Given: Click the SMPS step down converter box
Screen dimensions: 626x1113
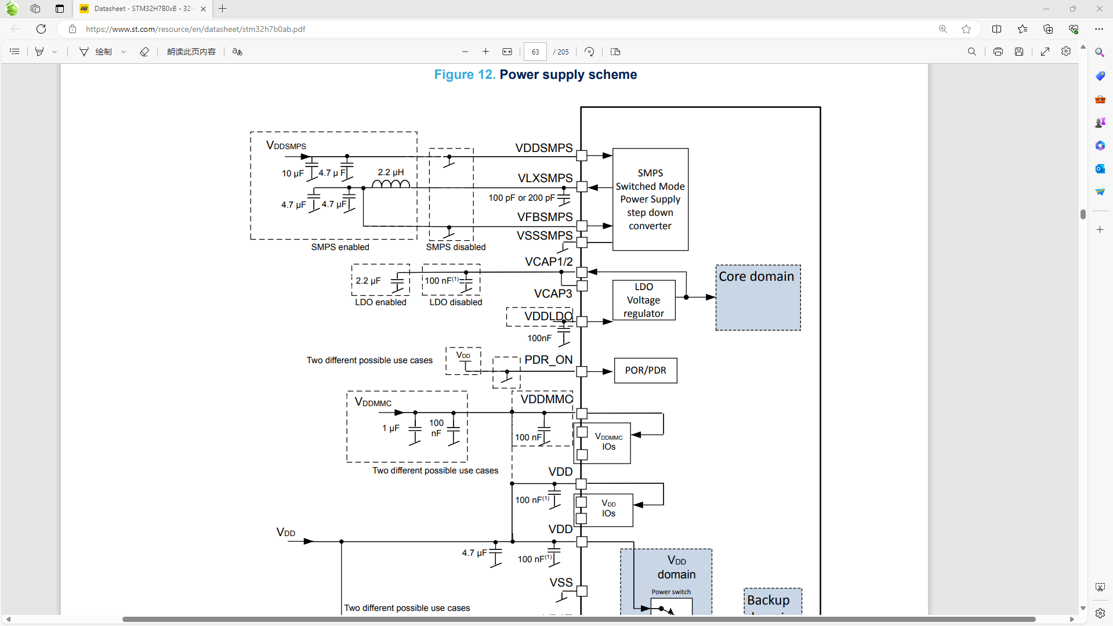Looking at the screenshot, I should coord(650,199).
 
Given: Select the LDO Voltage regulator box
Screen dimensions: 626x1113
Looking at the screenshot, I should coord(644,300).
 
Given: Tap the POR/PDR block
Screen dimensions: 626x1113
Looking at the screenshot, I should coord(646,370).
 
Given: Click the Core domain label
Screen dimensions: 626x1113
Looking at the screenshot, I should coord(756,277).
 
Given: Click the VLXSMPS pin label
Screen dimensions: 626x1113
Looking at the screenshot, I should coord(545,178).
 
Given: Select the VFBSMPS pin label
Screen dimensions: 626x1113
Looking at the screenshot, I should coord(545,217).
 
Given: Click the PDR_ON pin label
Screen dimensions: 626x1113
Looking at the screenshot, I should coord(548,360).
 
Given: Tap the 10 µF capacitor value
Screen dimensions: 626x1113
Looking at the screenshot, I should coord(292,173).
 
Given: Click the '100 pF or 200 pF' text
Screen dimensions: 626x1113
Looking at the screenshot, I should coord(521,198).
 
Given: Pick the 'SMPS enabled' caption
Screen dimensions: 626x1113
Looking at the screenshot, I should coord(340,247).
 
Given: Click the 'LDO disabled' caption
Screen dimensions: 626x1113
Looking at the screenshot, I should coord(455,302).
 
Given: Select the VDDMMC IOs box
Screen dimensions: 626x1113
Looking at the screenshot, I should coord(608,442).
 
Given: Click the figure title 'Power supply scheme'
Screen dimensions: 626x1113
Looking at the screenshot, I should coord(568,75).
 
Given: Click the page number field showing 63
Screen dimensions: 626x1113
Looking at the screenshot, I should coord(535,52).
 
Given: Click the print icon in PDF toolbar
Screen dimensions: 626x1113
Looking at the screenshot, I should coord(998,52).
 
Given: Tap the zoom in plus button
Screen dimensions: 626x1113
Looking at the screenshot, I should coord(485,52).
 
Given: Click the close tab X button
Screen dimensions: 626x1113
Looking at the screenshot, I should coord(203,9).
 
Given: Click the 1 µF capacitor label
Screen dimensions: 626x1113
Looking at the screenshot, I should coord(390,428).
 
